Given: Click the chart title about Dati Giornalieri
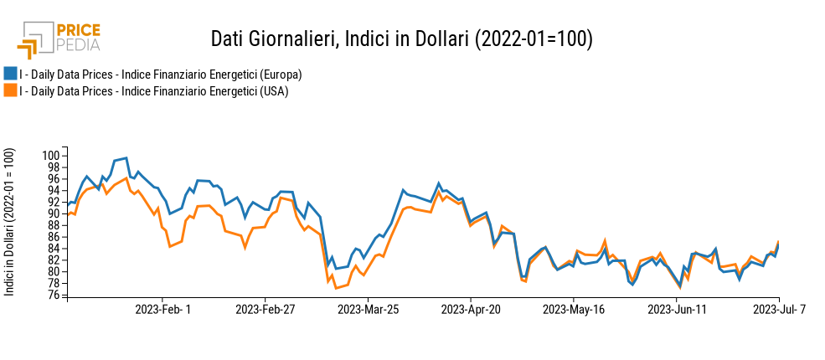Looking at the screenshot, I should pos(401,39).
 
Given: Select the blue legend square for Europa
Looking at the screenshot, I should pos(10,74).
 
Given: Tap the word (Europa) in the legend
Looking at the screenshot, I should pos(282,75).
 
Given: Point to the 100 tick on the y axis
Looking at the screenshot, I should pos(52,156).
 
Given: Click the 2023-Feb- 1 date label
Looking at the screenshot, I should pos(163,310).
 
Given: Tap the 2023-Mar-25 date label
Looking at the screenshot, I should pos(368,310).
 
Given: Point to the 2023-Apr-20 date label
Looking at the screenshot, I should pos(471,310).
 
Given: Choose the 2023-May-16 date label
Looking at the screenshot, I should pos(573,310).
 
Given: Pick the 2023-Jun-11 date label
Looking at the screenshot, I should pos(676,310).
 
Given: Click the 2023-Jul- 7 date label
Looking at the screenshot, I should pos(779,310).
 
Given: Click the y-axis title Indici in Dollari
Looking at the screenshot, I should pos(10,221).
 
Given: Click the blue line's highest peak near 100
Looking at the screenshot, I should pos(126,157).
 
